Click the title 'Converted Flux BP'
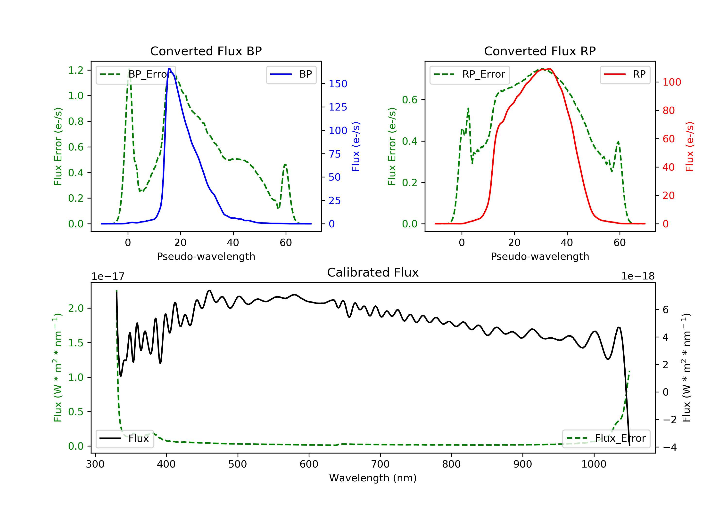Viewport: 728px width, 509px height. (x=206, y=51)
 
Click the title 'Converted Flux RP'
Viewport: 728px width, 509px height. (x=540, y=51)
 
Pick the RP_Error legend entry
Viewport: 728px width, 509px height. (x=470, y=74)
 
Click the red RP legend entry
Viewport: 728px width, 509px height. (x=625, y=74)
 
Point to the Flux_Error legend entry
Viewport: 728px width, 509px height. (x=606, y=438)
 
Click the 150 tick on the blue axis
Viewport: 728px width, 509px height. (x=338, y=84)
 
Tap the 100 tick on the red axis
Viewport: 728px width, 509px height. (x=671, y=82)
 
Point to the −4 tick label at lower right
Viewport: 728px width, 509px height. (x=669, y=447)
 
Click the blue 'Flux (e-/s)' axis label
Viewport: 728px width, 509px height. (x=356, y=147)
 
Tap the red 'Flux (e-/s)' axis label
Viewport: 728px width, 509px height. (x=690, y=147)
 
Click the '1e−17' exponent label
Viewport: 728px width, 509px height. (x=108, y=277)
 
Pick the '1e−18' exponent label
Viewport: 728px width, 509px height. (x=638, y=277)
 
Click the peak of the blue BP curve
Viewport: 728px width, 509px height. (x=170, y=69)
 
